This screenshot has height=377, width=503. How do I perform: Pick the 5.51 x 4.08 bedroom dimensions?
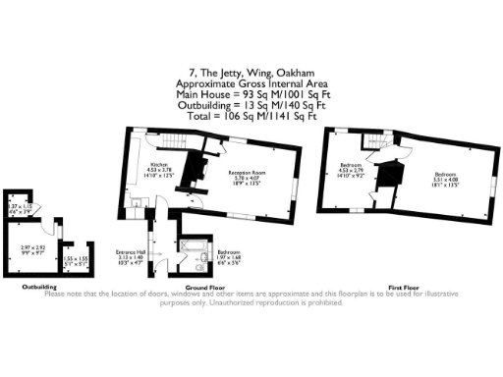(446, 183)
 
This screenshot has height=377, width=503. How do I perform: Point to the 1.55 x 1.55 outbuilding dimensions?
(73, 260)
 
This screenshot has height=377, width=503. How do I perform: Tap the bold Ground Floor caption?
(199, 287)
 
